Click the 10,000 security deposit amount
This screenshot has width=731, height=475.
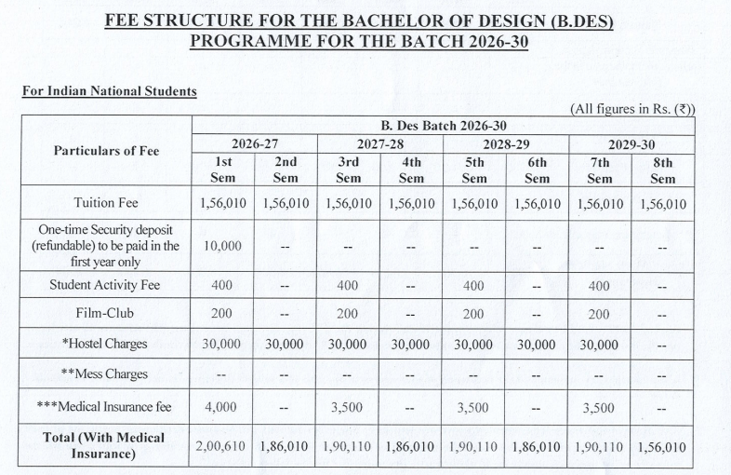click(x=222, y=247)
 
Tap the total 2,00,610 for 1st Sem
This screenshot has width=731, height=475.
click(x=222, y=446)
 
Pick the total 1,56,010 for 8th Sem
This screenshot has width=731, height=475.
click(x=662, y=446)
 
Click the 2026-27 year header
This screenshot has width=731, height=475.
click(x=254, y=143)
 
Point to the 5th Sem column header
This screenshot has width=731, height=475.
click(x=474, y=170)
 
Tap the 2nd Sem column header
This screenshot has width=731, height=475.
click(x=286, y=170)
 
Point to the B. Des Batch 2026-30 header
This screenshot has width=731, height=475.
click(x=443, y=125)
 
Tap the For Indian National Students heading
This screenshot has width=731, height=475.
click(x=109, y=91)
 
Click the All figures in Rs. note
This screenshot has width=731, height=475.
click(x=631, y=108)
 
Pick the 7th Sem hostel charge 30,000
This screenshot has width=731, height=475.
click(x=599, y=344)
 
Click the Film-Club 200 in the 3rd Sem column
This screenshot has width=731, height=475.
click(x=348, y=314)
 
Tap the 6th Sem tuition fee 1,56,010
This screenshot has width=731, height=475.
click(x=537, y=203)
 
